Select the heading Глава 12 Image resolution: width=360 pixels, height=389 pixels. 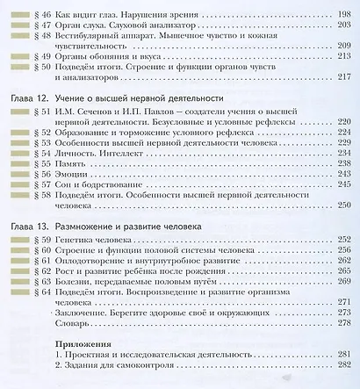[x=25, y=99]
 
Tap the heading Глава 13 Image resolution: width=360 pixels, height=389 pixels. [x=25, y=227]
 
